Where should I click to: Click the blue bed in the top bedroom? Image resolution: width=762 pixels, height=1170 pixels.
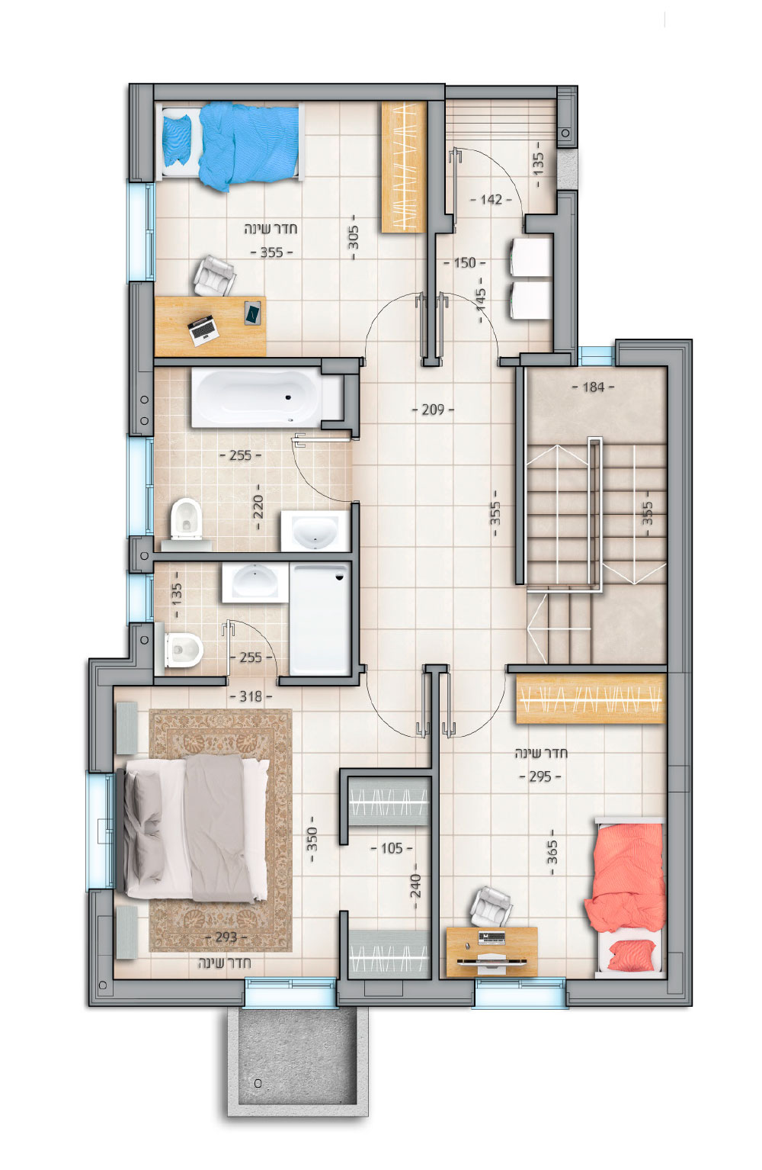coord(231,143)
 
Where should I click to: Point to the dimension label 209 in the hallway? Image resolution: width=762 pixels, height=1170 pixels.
coord(433,410)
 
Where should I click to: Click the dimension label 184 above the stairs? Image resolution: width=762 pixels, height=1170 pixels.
coord(593,387)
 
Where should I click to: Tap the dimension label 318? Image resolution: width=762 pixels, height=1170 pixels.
coord(251,696)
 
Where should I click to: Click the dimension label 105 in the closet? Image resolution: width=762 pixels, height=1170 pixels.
coord(392,847)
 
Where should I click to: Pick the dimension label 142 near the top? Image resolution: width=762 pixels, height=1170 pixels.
coord(491,199)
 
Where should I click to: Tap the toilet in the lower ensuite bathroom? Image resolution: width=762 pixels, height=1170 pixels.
coord(180,651)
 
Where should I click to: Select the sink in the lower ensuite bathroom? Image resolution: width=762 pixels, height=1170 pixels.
coord(255,582)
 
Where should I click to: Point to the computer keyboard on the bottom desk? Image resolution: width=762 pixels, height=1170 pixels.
coord(491,937)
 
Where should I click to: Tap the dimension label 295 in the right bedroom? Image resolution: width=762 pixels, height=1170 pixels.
coord(539,776)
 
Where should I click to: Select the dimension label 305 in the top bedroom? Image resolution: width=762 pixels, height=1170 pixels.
coord(354,236)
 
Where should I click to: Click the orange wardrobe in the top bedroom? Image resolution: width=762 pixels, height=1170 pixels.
coord(404,167)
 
